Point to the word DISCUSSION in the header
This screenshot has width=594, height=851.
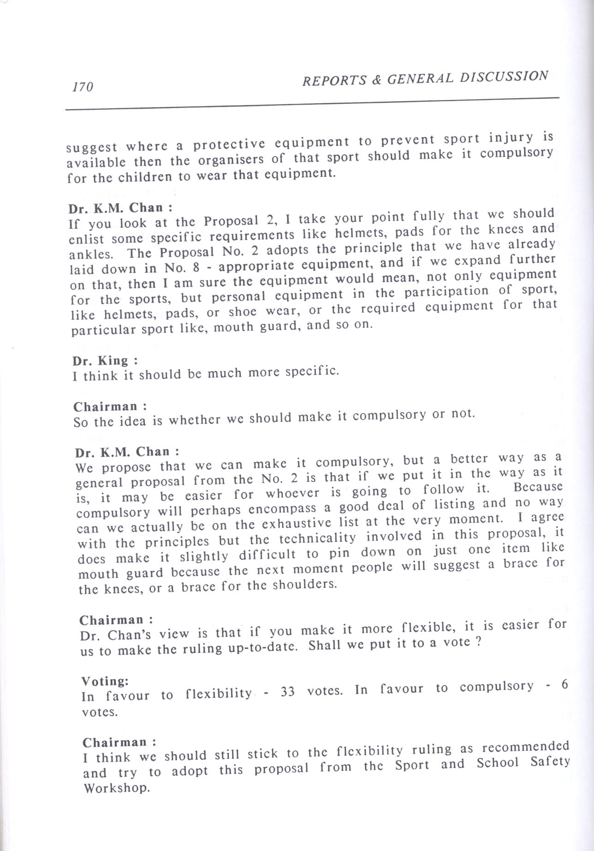tap(506, 77)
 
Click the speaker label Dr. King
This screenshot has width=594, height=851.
tap(100, 360)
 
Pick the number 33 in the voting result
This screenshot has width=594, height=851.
tap(287, 692)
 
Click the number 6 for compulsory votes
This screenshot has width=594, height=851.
tap(564, 685)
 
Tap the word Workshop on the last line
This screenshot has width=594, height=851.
tap(117, 787)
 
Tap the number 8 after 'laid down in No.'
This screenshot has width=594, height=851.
tap(196, 267)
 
